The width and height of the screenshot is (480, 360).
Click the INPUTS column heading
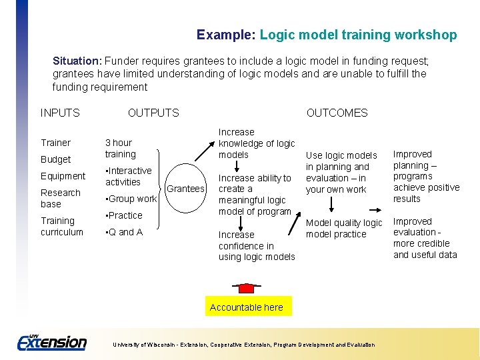pyautogui.click(x=60, y=113)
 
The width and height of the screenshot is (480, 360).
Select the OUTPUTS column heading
pyautogui.click(x=153, y=113)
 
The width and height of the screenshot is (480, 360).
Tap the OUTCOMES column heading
pyautogui.click(x=337, y=113)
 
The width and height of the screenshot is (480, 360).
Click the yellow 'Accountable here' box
pyautogui.click(x=246, y=307)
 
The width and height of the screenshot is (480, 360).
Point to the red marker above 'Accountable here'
pyautogui.click(x=247, y=288)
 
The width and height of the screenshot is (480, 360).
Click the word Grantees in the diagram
pyautogui.click(x=185, y=189)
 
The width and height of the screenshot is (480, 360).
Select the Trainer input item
pyautogui.click(x=55, y=143)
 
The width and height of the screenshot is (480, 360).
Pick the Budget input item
pyautogui.click(x=55, y=159)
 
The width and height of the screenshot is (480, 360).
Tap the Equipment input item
pyautogui.click(x=63, y=176)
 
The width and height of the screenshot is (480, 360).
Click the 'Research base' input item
pyautogui.click(x=60, y=198)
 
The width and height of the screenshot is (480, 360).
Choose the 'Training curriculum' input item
pyautogui.click(x=61, y=226)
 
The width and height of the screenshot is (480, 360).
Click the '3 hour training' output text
pyautogui.click(x=120, y=148)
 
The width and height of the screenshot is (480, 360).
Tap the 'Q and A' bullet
pyautogui.click(x=124, y=232)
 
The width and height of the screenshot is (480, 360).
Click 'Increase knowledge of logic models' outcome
pyautogui.click(x=257, y=143)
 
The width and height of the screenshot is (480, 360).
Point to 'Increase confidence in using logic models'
pyautogui.click(x=257, y=245)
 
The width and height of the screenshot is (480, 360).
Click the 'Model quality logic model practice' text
pyautogui.click(x=344, y=228)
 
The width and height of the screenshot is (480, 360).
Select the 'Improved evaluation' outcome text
pyautogui.click(x=425, y=237)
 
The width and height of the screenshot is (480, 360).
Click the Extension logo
pyautogui.click(x=52, y=341)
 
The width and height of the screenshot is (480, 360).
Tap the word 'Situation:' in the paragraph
pyautogui.click(x=77, y=60)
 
